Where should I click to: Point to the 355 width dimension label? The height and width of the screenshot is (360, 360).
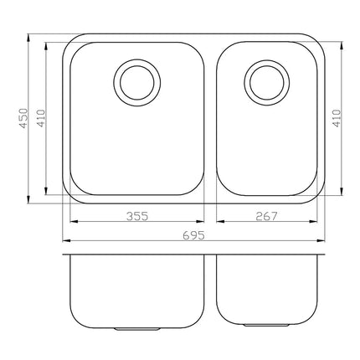tap(137, 216)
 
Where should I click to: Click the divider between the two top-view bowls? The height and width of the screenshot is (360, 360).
tap(210, 117)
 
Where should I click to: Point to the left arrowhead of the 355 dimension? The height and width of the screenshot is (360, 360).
tap(72, 222)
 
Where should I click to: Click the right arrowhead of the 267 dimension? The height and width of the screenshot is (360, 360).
tap(322, 222)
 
